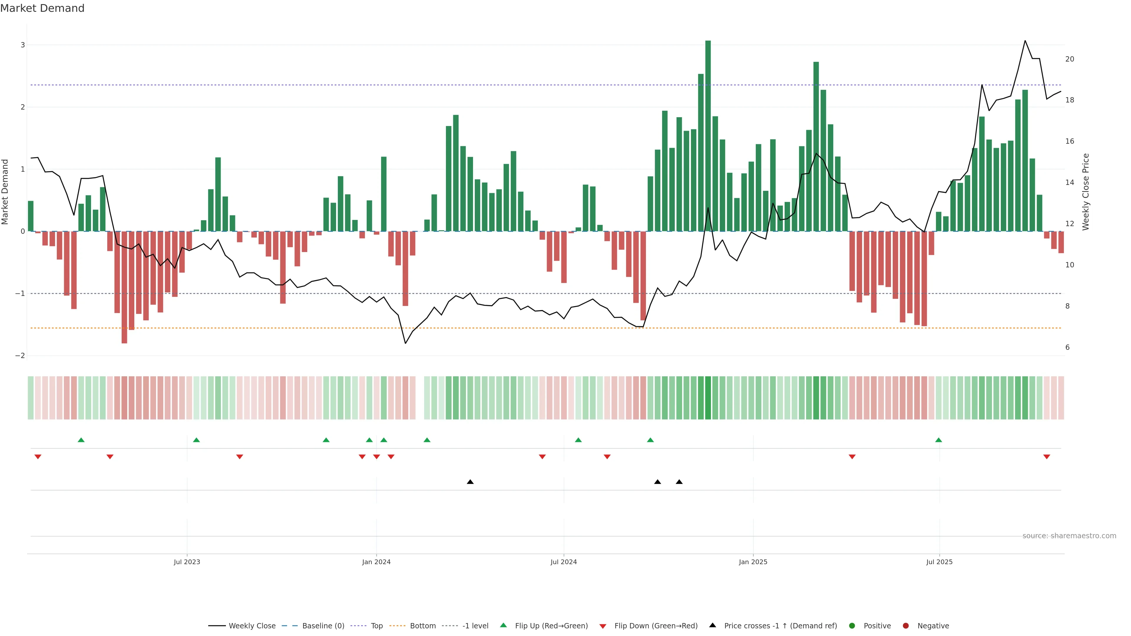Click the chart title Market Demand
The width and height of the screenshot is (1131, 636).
pos(42,8)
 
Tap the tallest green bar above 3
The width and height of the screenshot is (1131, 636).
pos(708,132)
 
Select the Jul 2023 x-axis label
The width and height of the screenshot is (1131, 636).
pos(187,562)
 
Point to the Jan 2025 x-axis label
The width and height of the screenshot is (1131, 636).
pos(753,562)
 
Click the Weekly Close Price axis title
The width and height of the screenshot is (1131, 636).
pos(1086,192)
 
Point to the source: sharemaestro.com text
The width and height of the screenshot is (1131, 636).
pos(1069,536)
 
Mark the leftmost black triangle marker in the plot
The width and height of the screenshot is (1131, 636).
pos(470,482)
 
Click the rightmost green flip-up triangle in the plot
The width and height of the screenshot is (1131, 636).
pos(938,440)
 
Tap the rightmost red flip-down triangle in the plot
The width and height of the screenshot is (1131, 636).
pos(1047,457)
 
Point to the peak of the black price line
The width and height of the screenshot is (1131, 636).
pos(1025,41)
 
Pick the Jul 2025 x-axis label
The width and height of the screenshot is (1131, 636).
pos(939,562)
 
